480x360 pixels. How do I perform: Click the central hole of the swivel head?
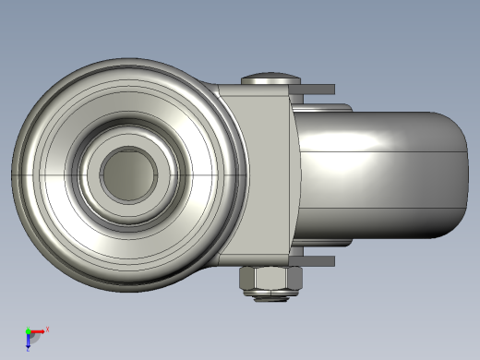pos(128,173)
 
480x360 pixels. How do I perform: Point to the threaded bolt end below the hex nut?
pos(270,297)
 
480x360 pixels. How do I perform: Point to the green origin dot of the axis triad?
pos(28,330)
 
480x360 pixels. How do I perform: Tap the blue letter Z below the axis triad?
pos(29,349)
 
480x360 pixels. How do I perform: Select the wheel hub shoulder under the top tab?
pos(323,105)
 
